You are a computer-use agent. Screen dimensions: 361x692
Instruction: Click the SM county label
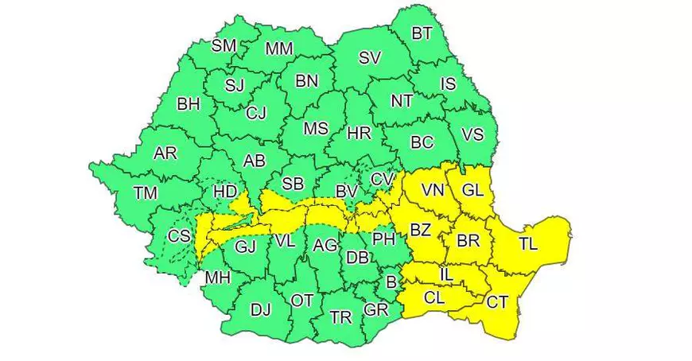click(224, 46)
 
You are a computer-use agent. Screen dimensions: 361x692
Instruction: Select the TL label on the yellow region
click(529, 244)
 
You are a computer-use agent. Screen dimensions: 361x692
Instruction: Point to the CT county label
click(497, 302)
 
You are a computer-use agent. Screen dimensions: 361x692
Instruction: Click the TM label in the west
click(146, 192)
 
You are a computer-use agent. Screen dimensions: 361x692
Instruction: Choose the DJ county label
click(260, 310)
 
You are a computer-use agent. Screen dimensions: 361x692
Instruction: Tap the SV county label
click(370, 57)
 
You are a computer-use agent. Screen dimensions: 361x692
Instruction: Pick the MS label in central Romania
click(316, 129)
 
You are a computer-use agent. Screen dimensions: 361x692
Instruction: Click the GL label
click(472, 191)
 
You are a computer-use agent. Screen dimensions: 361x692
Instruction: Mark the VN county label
click(433, 191)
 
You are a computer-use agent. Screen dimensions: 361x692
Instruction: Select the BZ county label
click(420, 231)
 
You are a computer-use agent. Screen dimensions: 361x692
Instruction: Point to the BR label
click(468, 239)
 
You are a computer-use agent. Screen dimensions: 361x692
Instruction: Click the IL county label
click(447, 275)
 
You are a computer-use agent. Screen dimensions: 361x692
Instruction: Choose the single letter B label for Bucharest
click(391, 281)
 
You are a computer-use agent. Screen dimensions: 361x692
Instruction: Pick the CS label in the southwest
click(180, 236)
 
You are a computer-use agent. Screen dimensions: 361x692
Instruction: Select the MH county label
click(217, 278)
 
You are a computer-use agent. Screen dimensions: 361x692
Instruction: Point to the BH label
click(189, 103)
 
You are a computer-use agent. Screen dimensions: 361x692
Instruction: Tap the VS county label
click(472, 135)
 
